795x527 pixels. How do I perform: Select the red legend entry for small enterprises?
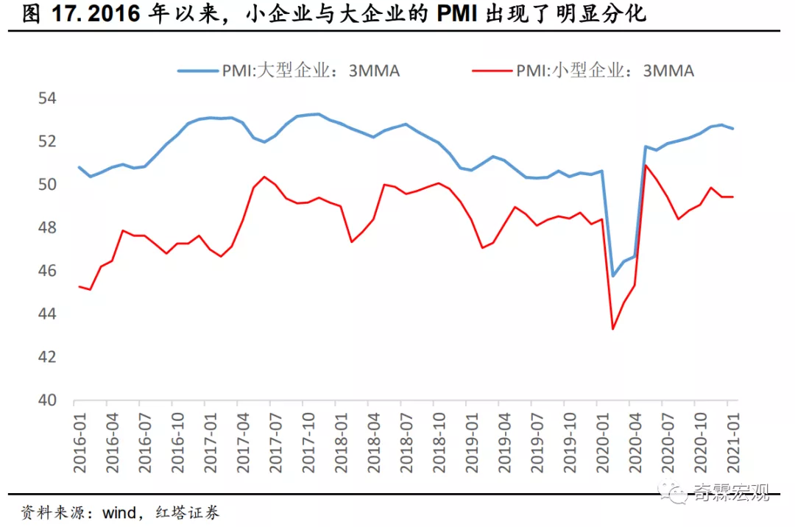(582, 71)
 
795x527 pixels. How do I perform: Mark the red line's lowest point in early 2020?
(612, 328)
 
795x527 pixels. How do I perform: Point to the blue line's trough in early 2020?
(612, 276)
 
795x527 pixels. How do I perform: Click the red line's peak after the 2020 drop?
(646, 165)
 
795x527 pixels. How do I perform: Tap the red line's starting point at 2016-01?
(79, 286)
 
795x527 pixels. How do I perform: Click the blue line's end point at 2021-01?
(733, 129)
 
